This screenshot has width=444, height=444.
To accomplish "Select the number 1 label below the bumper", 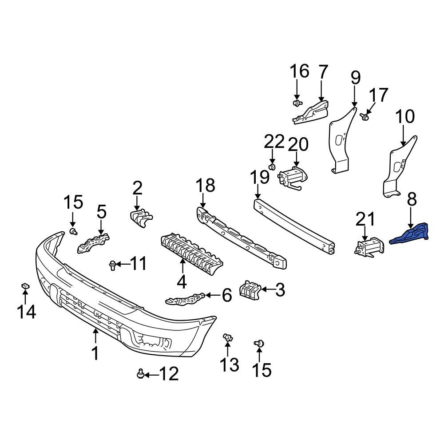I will [x=95, y=353].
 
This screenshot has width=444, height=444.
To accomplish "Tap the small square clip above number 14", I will [x=25, y=286].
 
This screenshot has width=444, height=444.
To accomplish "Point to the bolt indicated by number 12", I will [x=141, y=375].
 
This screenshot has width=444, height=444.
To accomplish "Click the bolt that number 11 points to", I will [x=112, y=266].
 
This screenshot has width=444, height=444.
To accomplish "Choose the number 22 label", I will [x=274, y=142].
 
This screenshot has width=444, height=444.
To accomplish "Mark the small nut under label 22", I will [x=273, y=166].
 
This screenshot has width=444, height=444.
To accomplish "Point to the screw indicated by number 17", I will [x=365, y=117].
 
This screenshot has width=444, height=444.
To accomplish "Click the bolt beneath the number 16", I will [x=297, y=103].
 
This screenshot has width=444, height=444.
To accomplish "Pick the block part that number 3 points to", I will [x=249, y=289].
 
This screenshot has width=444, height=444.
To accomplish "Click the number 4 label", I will [x=182, y=281].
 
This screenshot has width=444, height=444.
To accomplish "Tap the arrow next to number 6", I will [x=213, y=295].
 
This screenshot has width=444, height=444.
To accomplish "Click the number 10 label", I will [x=404, y=117].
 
